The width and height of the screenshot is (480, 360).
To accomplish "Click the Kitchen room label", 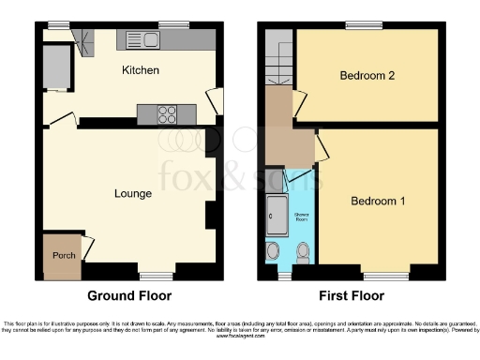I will tap(140, 70).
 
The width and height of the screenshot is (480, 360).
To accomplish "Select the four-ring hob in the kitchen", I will tap(167, 114).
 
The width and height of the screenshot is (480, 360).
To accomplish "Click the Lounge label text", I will tap(133, 194).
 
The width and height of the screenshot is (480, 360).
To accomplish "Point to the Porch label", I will tap(63, 256).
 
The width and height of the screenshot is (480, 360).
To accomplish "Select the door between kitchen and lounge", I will tap(64, 120).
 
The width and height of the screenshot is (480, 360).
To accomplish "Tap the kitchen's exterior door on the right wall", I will tap(215, 103).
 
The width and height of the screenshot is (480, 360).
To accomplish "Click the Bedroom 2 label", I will tap(366, 76).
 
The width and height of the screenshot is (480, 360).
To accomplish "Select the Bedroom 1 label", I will tap(378, 202).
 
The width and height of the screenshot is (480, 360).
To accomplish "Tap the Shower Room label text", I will tap(302, 215).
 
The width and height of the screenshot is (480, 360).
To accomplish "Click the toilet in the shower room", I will tap(303, 252).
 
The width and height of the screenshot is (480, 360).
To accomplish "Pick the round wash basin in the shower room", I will tap(273, 250).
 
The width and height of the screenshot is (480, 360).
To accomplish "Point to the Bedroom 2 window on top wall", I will tap(361, 25).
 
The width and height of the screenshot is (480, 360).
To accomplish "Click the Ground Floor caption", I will tap(129, 295).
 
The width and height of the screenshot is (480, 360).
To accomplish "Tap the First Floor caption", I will tap(352, 295).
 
